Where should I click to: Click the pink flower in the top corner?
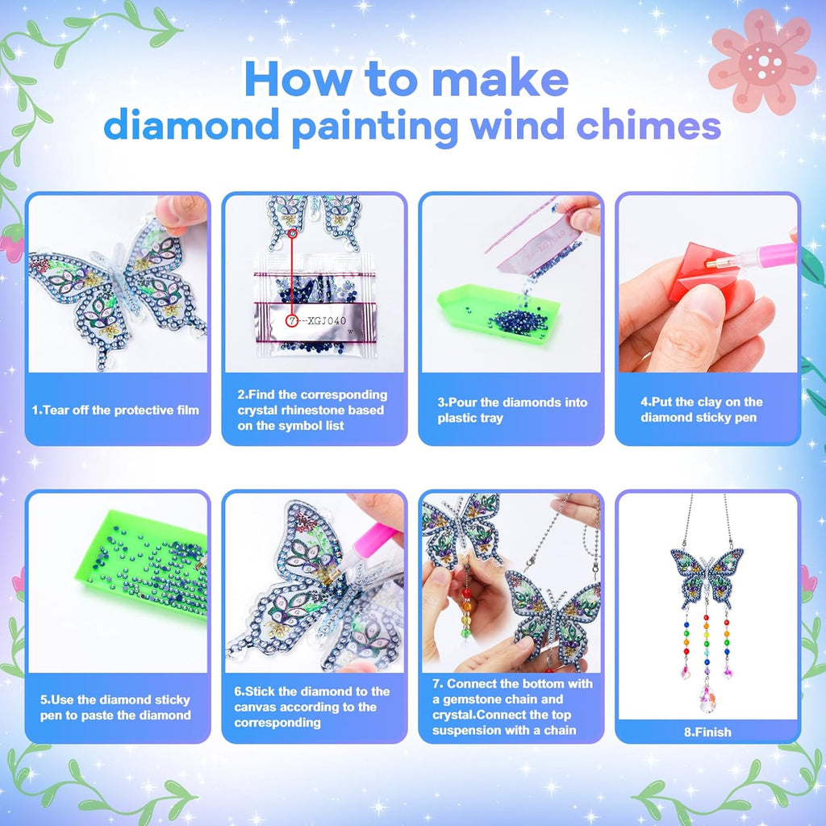coord(761,60)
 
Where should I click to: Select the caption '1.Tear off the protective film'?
coord(115,410)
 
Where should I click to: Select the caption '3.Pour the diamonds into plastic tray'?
coord(512,410)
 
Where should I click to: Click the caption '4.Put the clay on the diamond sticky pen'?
coord(702,410)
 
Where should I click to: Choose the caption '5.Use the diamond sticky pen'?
coord(115,707)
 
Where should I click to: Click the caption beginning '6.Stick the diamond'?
coord(311,707)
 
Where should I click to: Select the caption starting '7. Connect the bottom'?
coord(511,707)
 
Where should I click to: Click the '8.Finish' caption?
coord(707,732)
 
